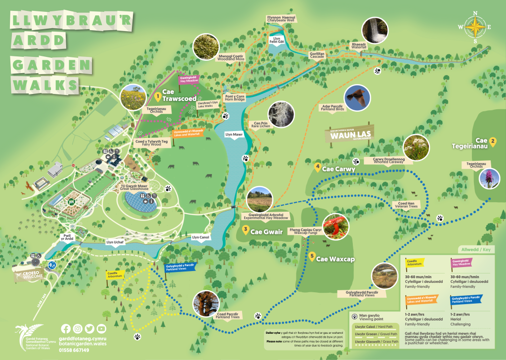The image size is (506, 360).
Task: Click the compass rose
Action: click(x=475, y=27)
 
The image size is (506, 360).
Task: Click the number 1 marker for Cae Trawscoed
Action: click(x=158, y=95)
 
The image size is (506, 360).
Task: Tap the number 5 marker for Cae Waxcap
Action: click(x=312, y=256)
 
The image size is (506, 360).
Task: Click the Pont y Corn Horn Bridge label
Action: click(x=235, y=98)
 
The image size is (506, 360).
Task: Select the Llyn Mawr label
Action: click(x=234, y=134)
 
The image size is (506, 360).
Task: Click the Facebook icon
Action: click(x=66, y=328)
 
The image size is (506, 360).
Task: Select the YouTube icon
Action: click(x=101, y=328)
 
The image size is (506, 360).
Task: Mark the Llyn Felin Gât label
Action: click(x=277, y=41)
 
